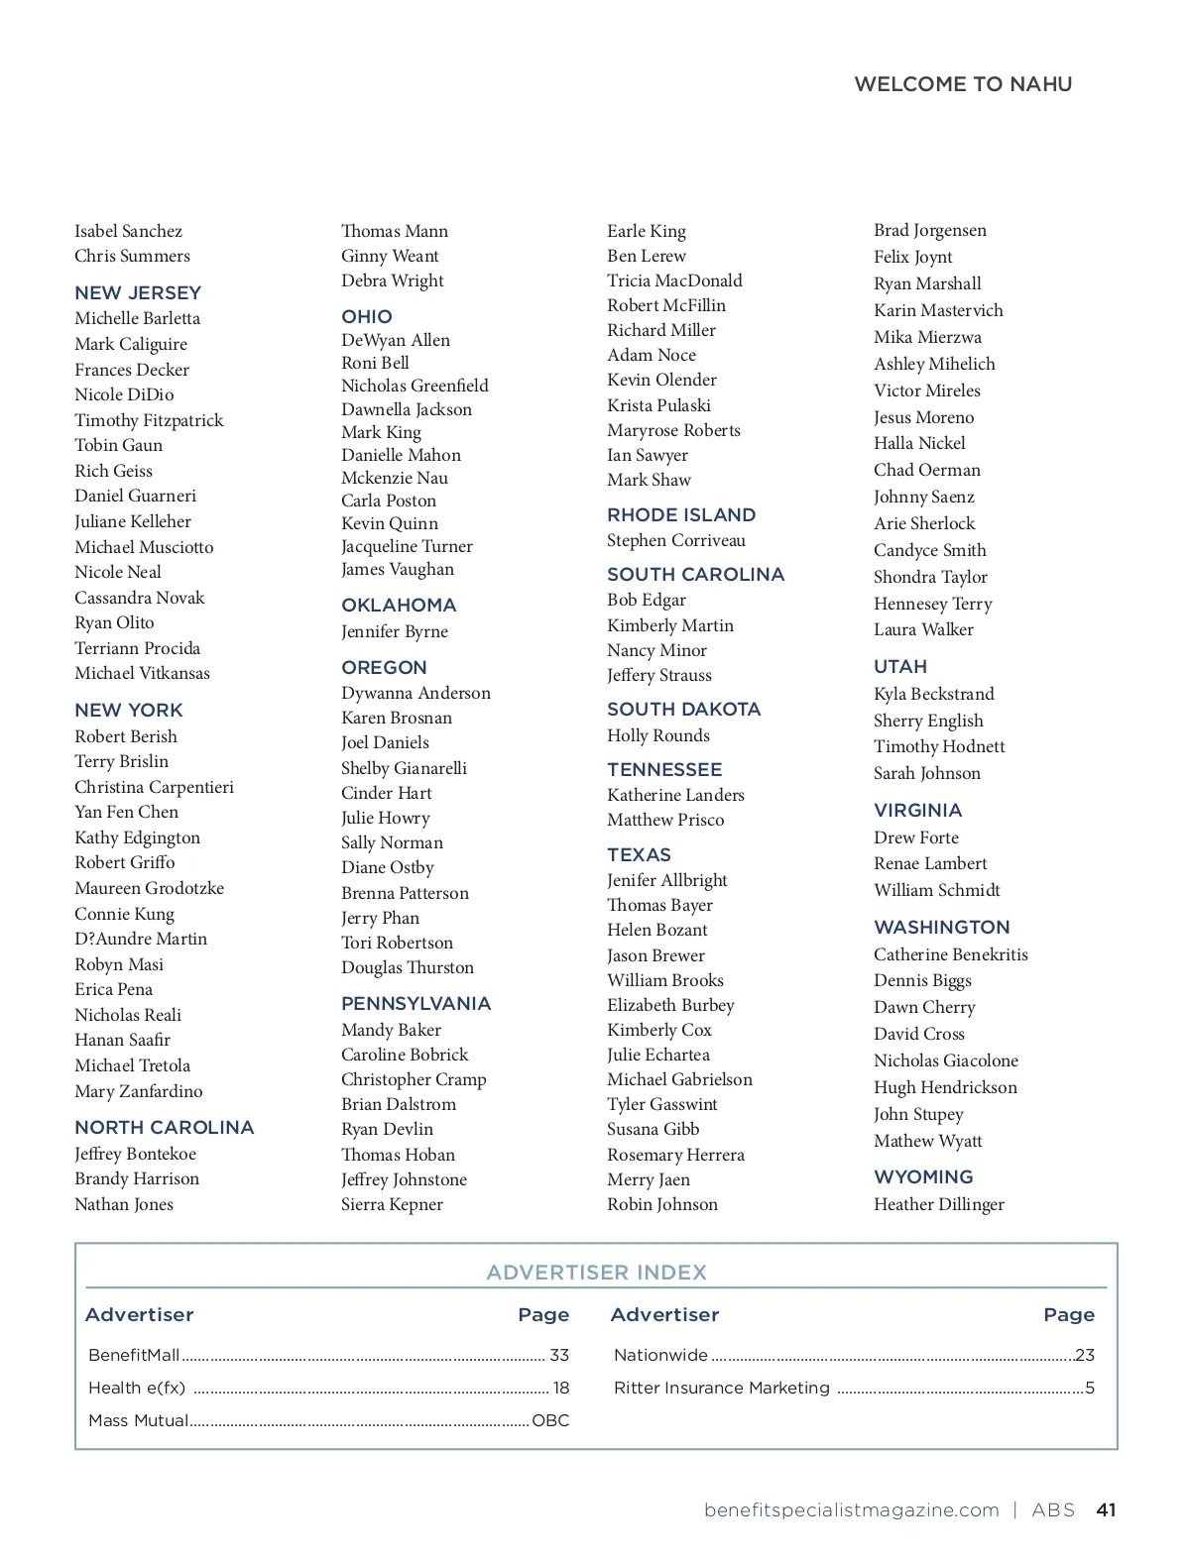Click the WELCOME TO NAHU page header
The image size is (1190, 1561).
pos(963,84)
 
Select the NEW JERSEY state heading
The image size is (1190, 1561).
pos(138,292)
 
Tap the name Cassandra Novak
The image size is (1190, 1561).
pos(140,598)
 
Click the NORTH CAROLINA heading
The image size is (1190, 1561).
pos(165,1127)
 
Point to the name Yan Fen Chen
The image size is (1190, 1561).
pos(127,812)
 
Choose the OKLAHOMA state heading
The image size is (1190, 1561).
pos(399,605)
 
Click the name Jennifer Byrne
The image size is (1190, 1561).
pos(395,631)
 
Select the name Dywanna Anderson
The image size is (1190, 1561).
pos(416,693)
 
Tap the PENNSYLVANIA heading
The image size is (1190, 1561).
pos(416,1003)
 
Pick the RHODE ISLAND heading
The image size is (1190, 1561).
pos(681,514)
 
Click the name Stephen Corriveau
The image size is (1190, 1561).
pos(676,540)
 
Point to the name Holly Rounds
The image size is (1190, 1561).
pos(658,735)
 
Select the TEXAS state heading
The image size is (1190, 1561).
pos(640,854)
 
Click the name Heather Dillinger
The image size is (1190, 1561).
pos(939,1204)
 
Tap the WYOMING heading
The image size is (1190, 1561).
pos(923,1176)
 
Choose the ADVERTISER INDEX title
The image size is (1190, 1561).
pos(597,1272)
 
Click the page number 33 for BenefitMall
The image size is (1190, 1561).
pos(559,1355)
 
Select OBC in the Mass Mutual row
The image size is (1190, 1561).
pos(550,1420)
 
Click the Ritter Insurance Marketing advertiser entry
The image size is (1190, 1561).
pos(722,1388)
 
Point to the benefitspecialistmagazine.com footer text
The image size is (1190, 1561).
pos(852,1509)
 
